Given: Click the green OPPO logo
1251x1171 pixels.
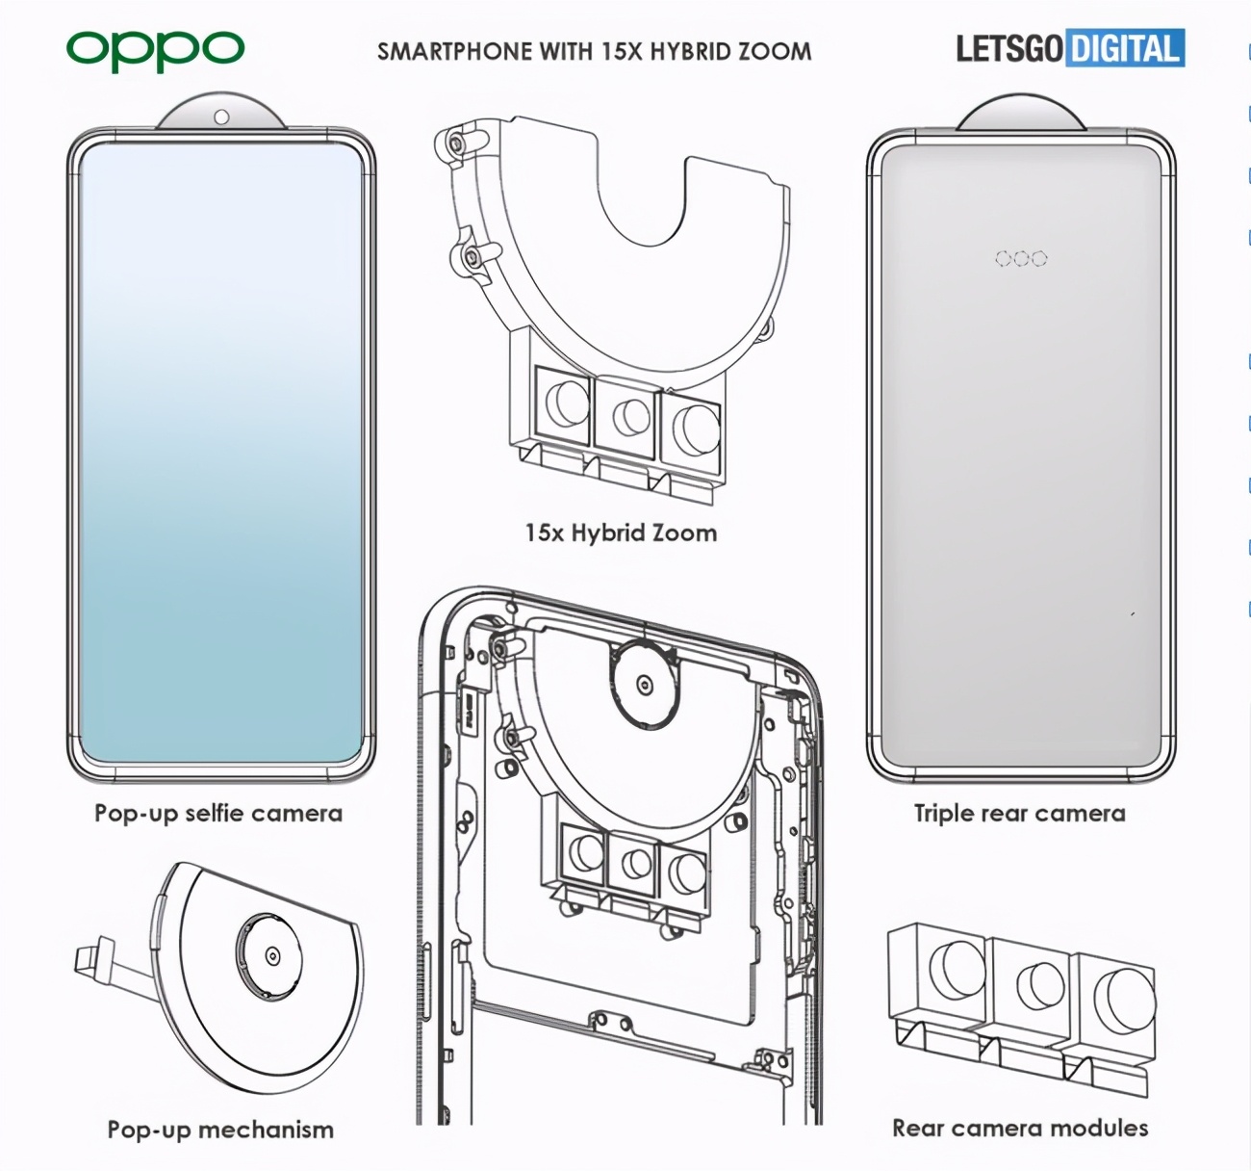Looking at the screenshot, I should [155, 49].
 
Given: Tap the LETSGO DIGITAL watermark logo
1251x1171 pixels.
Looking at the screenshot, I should [1069, 48].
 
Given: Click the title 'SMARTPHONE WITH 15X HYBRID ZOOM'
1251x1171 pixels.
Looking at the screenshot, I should [594, 51].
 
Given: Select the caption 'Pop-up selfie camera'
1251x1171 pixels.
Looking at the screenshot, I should [218, 814].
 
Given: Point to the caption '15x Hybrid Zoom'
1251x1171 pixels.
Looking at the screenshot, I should [621, 533].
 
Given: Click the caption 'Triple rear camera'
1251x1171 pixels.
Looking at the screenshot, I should [1019, 814].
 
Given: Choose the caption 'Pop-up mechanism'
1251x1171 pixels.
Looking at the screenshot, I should [220, 1130].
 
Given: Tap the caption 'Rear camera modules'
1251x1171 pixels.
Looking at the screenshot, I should [1020, 1128].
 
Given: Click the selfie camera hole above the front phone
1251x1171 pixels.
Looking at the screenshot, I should [221, 117].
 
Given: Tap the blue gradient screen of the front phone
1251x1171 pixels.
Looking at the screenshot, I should [221, 453].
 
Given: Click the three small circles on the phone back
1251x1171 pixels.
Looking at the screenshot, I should [1021, 258].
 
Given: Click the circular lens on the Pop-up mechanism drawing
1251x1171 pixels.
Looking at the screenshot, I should [272, 955].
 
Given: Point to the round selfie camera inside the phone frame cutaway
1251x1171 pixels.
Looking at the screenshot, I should [644, 685].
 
